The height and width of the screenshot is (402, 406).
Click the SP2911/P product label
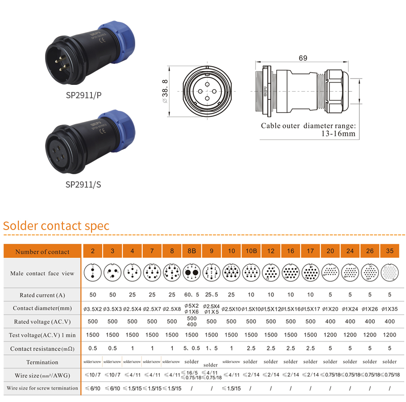coord(83,95)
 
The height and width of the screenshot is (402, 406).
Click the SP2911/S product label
coord(83,184)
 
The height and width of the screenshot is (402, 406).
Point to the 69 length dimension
coord(303,58)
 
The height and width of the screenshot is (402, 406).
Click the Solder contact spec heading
coord(56,226)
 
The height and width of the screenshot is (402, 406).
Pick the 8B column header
coord(192,251)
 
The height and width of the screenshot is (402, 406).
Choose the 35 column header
coord(389,251)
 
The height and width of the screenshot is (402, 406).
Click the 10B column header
coord(251,251)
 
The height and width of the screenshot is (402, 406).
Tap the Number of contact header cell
coord(42,251)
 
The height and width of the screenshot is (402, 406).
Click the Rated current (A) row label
coord(42,295)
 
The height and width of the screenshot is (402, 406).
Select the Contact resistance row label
coord(42,348)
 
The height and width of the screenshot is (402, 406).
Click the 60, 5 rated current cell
coord(192,295)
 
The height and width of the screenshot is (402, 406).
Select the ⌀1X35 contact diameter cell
coord(389,309)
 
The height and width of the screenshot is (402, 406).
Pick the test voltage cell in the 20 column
coord(330,335)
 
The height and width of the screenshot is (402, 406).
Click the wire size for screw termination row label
coord(42,388)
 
